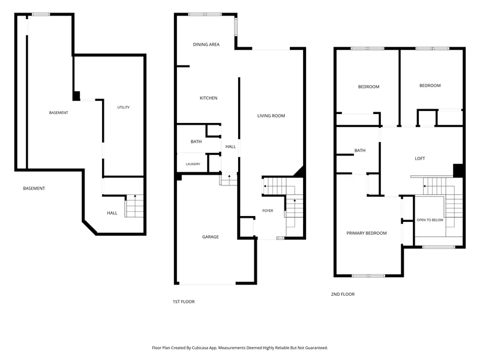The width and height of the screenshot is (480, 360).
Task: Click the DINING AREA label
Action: click(x=206, y=44)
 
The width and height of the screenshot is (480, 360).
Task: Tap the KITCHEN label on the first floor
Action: click(x=208, y=98)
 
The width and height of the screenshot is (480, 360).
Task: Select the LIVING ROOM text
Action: click(x=271, y=116)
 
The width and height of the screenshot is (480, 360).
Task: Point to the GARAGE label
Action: click(x=211, y=236)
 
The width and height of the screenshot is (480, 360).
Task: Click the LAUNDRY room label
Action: click(x=193, y=164)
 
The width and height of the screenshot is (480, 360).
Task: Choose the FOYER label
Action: click(x=268, y=211)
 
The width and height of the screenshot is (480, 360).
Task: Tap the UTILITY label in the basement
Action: click(x=124, y=107)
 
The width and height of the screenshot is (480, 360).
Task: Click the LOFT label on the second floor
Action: click(x=419, y=158)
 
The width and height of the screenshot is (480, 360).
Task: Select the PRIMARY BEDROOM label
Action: click(x=367, y=233)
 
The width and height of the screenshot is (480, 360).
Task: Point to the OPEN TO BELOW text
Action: click(x=430, y=220)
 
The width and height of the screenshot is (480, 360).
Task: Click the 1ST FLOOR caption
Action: click(x=184, y=302)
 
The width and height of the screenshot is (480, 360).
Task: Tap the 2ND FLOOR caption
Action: click(x=343, y=294)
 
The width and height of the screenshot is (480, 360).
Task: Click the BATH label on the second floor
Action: click(x=359, y=151)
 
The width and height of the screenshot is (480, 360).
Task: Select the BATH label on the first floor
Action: click(x=196, y=142)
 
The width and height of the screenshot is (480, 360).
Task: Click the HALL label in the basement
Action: click(x=112, y=213)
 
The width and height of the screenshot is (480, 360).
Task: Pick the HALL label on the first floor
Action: click(x=230, y=146)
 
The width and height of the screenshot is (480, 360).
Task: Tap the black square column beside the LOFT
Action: click(x=458, y=170)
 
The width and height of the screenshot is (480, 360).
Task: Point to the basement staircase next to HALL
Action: click(x=134, y=206)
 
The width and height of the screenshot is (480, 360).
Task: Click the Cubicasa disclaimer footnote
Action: click(x=239, y=348)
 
